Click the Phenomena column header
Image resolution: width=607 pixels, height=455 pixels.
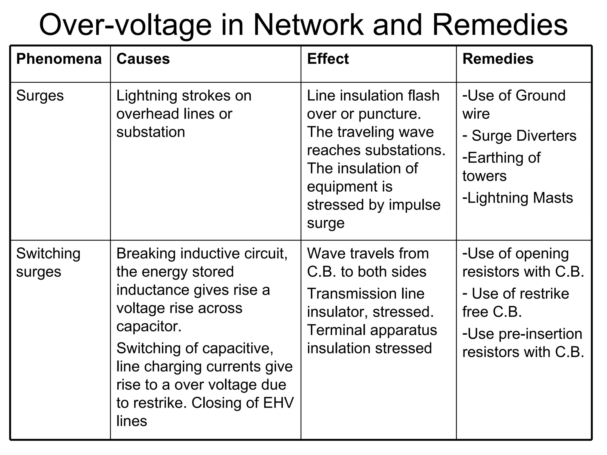click(x=59, y=59)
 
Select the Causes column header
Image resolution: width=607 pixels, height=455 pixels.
click(x=143, y=59)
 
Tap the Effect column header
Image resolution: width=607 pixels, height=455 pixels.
click(x=328, y=59)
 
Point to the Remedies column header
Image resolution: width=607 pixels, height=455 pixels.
click(x=498, y=59)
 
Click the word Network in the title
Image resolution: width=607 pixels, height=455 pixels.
click(x=308, y=25)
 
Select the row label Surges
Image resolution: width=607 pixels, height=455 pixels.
click(x=40, y=96)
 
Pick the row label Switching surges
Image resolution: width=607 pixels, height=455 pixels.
click(x=48, y=262)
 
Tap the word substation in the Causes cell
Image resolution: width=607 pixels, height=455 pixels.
click(x=151, y=132)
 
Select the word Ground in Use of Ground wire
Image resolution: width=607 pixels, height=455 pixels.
click(x=540, y=96)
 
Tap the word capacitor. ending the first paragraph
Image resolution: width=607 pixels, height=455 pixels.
click(x=149, y=326)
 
